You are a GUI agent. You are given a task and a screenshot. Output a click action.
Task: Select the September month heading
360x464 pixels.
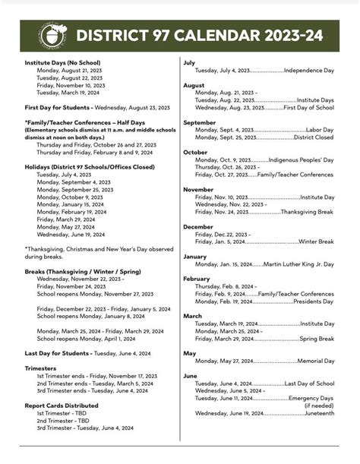pos(200,122)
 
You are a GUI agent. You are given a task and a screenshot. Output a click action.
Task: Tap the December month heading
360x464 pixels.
pos(198,226)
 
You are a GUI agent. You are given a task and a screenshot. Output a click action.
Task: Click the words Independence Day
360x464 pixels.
pos(309,71)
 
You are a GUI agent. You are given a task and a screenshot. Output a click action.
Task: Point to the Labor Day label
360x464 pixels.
pos(319,130)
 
